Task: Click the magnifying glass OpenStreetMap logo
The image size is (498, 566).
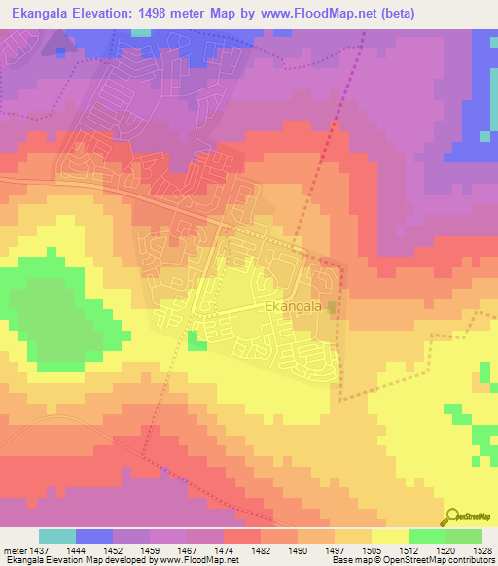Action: tap(452, 516)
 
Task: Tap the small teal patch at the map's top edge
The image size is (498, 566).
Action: tap(142, 32)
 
